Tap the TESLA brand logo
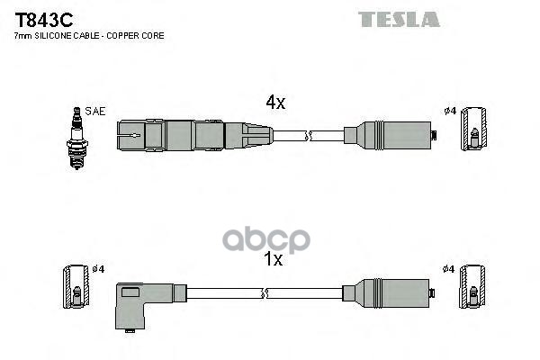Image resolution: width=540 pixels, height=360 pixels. point(400,19)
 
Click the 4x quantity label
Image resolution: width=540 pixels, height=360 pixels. point(275,103)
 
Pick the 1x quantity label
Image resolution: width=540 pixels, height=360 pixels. point(273,259)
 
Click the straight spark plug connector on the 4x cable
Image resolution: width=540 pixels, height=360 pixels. point(193,136)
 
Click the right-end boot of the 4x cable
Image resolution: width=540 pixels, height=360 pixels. point(391,136)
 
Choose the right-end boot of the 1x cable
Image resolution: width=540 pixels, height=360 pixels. point(391,292)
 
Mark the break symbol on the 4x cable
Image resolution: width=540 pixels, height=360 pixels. point(308,136)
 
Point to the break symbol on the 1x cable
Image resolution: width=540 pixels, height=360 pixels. point(266,292)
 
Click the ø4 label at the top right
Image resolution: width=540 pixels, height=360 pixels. point(451,111)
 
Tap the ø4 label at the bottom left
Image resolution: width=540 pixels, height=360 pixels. point(98,268)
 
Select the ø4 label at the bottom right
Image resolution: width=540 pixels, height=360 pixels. point(451,268)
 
